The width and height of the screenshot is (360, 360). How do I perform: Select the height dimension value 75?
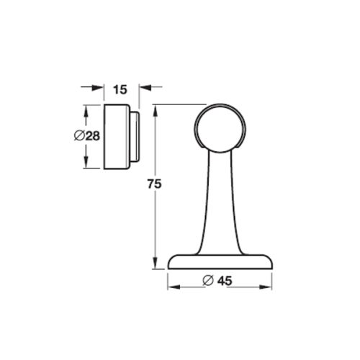click(x=152, y=184)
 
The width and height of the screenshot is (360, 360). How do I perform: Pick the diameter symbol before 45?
click(x=207, y=281)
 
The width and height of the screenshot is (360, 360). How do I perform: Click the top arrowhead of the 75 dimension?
click(x=154, y=109)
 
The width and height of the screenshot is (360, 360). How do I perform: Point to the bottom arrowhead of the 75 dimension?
click(x=154, y=264)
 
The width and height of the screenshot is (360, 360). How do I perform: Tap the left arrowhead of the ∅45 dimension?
click(x=173, y=282)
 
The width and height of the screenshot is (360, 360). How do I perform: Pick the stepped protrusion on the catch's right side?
click(x=134, y=137)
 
